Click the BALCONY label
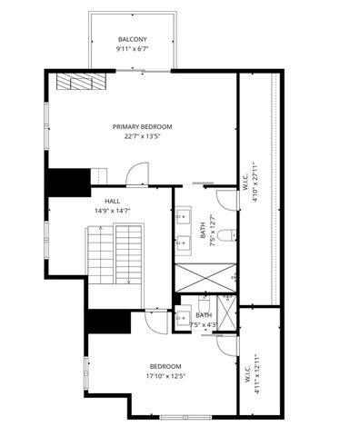(133, 39)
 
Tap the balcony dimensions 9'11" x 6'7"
(133, 49)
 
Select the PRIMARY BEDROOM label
(142, 127)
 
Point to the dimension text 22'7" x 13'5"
(142, 137)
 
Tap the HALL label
(113, 202)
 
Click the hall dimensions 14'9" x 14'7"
(113, 211)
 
